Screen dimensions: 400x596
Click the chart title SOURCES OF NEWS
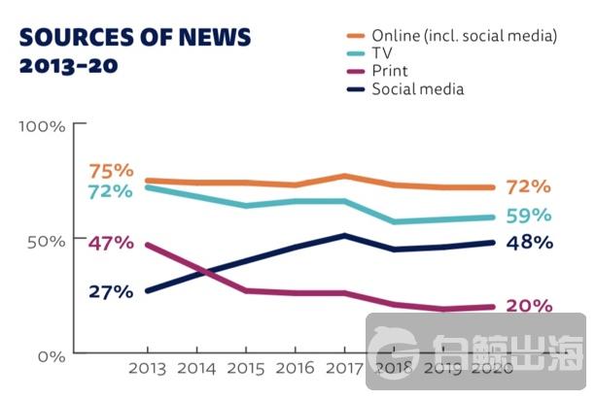click(135, 38)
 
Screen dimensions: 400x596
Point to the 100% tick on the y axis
click(42, 127)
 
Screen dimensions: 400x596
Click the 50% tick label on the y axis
click(45, 241)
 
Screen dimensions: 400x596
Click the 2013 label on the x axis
click(147, 370)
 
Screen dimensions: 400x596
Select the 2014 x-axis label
click(196, 370)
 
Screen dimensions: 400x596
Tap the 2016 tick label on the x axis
click(295, 370)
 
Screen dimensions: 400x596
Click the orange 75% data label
click(110, 171)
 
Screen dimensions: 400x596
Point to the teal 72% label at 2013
click(110, 191)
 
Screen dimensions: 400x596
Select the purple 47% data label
click(110, 243)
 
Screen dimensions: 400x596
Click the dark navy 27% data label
click(110, 291)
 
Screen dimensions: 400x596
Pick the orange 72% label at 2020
click(529, 186)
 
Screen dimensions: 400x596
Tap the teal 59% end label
click(529, 216)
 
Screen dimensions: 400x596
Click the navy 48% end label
click(529, 242)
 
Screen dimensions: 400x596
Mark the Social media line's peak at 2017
click(344, 235)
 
